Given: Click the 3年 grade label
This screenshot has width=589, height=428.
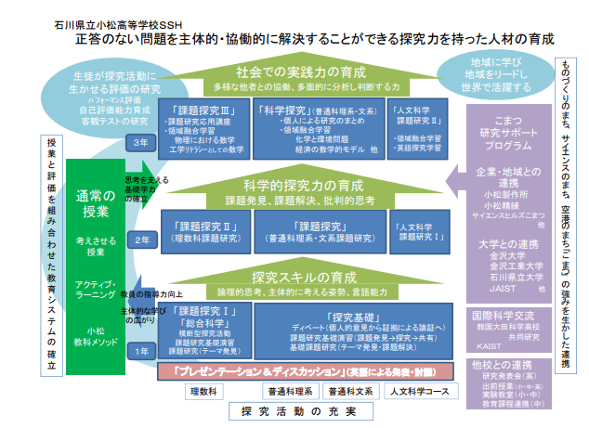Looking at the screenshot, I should (x=142, y=142).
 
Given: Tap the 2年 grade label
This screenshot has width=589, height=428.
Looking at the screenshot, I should (x=142, y=240).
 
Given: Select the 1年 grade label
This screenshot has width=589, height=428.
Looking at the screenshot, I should (x=142, y=352).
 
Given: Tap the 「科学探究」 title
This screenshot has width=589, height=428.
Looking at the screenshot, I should (x=278, y=110).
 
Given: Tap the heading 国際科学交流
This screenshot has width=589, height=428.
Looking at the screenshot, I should (x=503, y=316).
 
